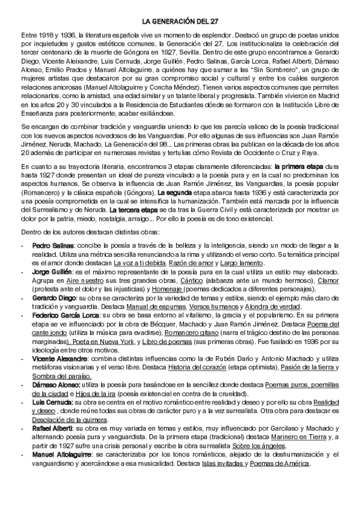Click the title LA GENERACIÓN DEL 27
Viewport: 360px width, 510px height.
click(180, 22)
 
